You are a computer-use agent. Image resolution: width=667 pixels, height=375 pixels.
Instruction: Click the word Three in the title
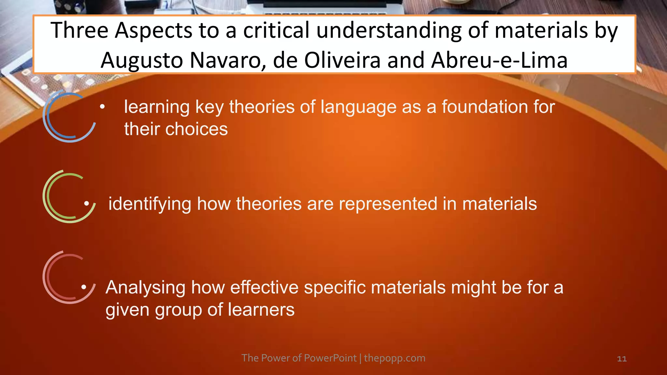pyautogui.click(x=79, y=30)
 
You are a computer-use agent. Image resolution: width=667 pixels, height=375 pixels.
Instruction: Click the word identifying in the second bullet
pyautogui.click(x=150, y=204)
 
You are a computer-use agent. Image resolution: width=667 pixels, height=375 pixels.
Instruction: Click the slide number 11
pyautogui.click(x=622, y=359)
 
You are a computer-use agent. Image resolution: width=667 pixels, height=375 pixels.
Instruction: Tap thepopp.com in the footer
pyautogui.click(x=394, y=358)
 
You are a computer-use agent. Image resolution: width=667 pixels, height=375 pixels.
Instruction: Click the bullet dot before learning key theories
pyautogui.click(x=102, y=107)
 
